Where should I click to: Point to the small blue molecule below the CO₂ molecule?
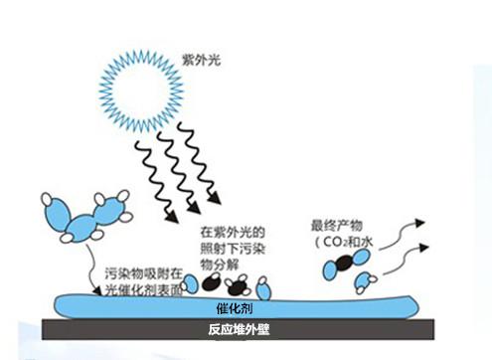pos(364,283)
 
